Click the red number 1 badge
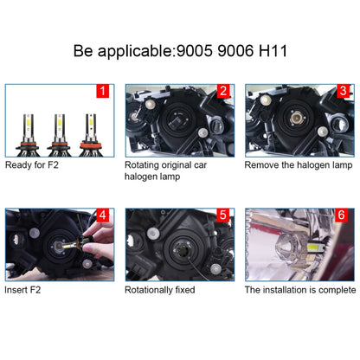coord(103,91)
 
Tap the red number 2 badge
coord(222,91)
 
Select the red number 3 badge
coord(343,91)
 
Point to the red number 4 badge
coord(103,215)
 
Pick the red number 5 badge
coord(222,215)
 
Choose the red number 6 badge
coord(343,215)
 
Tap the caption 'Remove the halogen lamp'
coord(298,163)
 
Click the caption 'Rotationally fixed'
coord(160,289)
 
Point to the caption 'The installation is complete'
coord(299,289)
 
